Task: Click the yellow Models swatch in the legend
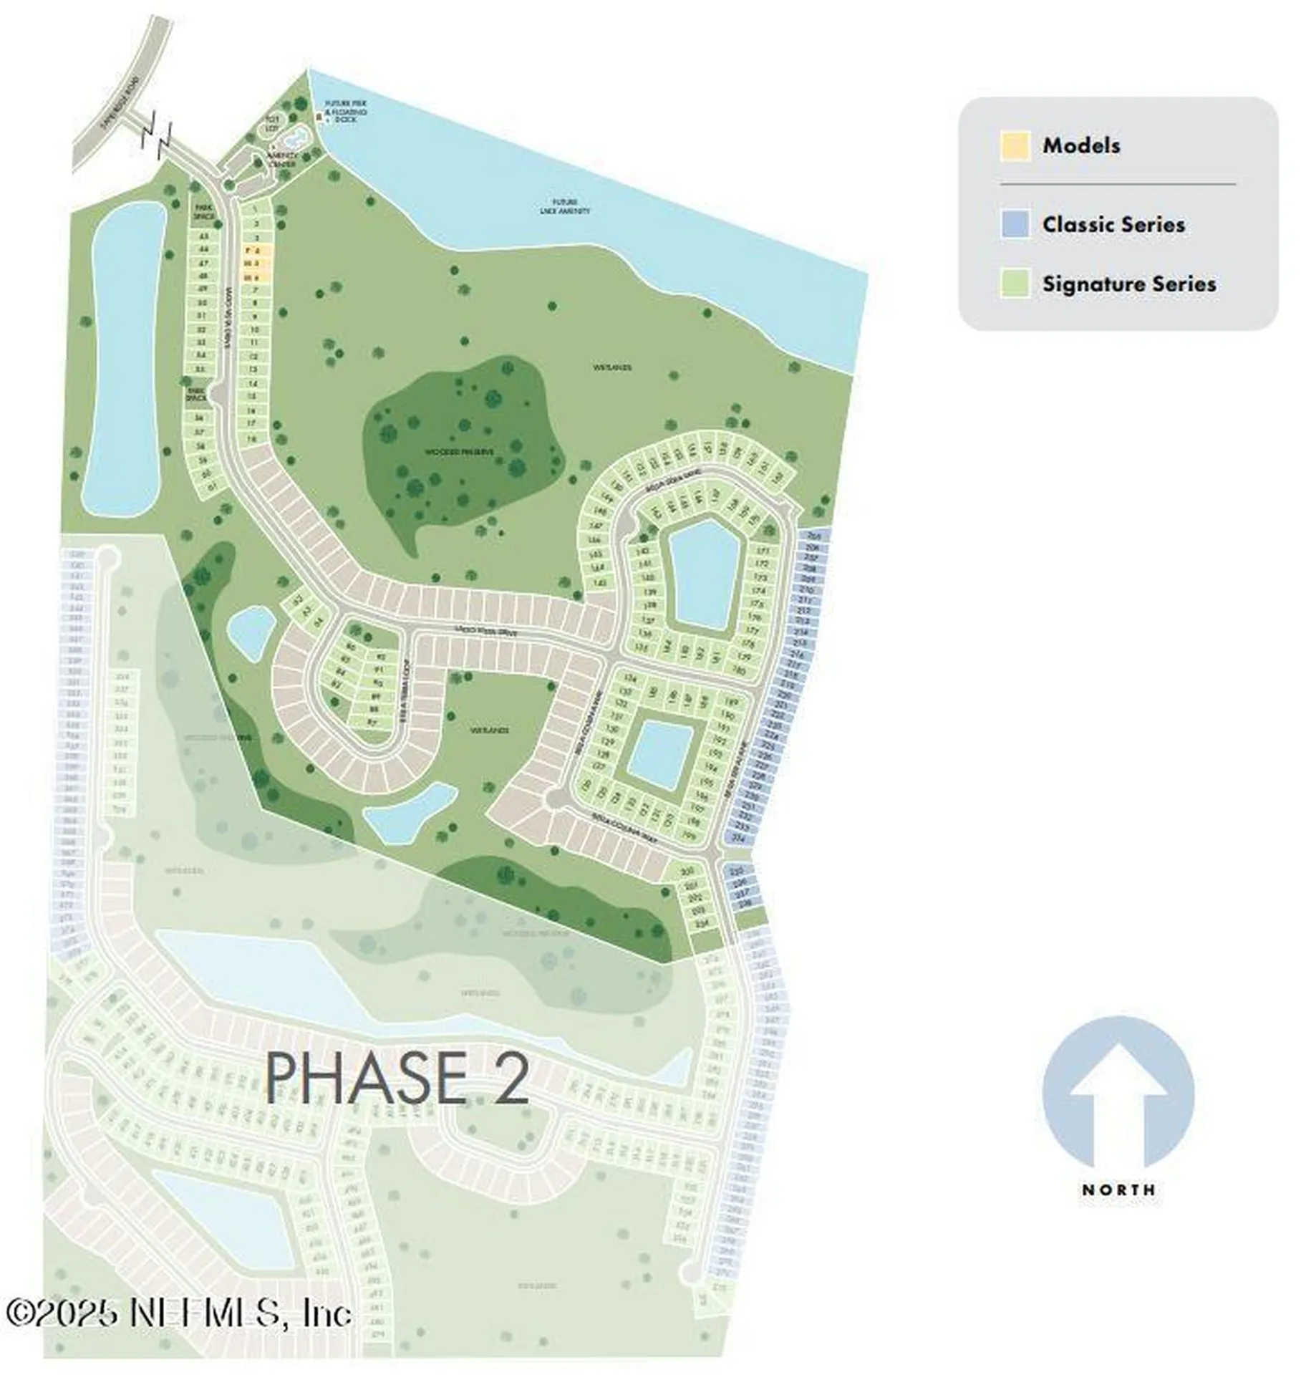(x=1015, y=146)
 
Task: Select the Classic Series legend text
(x=1113, y=224)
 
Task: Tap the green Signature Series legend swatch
(x=1015, y=284)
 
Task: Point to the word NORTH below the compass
(x=1118, y=1190)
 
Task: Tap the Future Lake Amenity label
(x=565, y=206)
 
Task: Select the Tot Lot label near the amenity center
(x=272, y=122)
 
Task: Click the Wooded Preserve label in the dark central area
(x=459, y=451)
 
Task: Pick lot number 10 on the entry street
(x=254, y=329)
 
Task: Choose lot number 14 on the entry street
(x=253, y=384)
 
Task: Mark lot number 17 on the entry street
(x=251, y=424)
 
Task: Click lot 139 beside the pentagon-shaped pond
(x=649, y=592)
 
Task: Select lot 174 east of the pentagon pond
(x=759, y=590)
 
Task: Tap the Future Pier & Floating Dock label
(x=346, y=112)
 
